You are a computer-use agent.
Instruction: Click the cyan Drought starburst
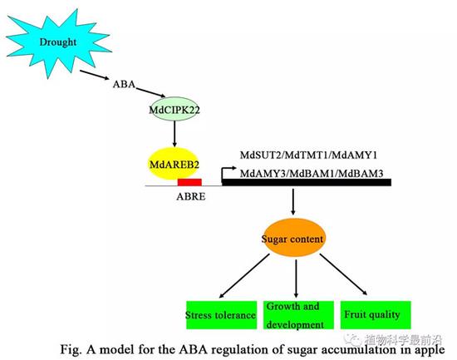[57, 44]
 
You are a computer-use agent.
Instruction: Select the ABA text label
[124, 84]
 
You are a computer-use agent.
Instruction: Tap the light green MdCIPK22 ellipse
[174, 110]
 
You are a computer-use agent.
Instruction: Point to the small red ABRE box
[189, 182]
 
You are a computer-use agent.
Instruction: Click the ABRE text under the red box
[191, 196]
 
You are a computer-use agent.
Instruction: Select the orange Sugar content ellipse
[292, 239]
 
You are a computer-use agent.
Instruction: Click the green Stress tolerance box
[221, 315]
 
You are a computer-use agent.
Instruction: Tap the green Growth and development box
[298, 315]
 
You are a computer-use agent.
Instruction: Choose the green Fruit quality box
[376, 315]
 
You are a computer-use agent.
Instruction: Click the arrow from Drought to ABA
[95, 75]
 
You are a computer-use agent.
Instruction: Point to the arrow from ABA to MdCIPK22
[150, 92]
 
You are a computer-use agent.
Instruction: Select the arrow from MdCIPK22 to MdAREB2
[174, 134]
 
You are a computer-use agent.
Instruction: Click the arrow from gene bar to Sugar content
[293, 202]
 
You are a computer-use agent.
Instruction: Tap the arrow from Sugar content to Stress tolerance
[244, 276]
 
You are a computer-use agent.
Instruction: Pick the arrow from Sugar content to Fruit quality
[344, 274]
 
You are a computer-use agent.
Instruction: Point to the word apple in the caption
[430, 350]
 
